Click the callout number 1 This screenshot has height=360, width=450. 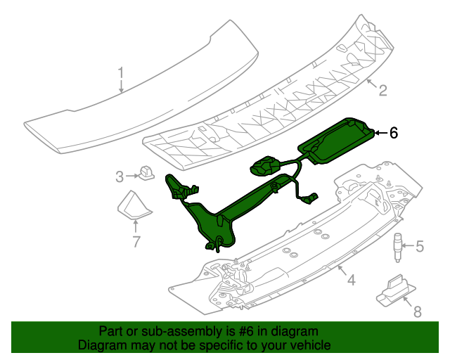[x=121, y=72]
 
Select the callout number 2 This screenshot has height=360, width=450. [x=382, y=90]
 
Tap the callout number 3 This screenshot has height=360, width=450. [x=120, y=175]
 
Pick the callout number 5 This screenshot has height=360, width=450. [x=420, y=246]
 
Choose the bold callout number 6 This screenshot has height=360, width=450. [x=394, y=131]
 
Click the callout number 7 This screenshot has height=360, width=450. [x=136, y=243]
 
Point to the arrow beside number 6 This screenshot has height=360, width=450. [x=380, y=131]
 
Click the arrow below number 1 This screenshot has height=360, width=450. [x=121, y=86]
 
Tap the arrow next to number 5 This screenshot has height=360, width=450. [x=408, y=246]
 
